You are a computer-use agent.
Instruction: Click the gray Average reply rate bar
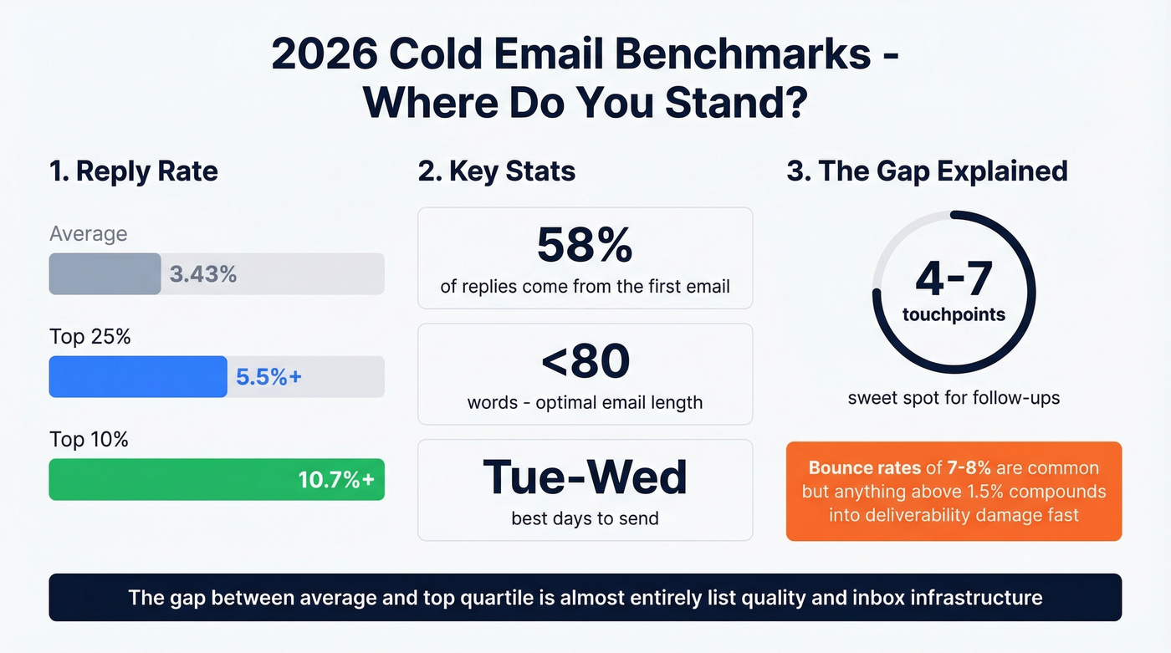coord(105,273)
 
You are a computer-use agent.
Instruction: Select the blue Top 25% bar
coord(138,376)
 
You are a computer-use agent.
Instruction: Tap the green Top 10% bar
coord(167,479)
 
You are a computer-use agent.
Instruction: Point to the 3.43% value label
coord(203,273)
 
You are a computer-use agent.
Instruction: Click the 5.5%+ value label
coord(268,376)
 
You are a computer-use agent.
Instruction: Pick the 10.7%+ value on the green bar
coord(336,479)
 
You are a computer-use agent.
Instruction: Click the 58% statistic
coord(585,246)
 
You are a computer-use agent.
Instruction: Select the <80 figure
coord(585,361)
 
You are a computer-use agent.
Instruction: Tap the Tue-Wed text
coord(585,477)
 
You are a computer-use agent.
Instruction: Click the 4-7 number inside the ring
coord(954,281)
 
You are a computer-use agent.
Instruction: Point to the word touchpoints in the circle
coord(954,315)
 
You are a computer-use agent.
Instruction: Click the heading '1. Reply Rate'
coord(134,171)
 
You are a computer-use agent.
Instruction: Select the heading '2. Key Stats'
coord(497,171)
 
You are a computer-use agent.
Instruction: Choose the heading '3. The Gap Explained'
coord(927,171)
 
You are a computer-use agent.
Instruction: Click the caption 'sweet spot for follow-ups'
coord(954,398)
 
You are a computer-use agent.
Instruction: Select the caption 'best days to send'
coord(585,518)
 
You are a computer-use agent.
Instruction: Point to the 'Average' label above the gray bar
coord(89,233)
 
